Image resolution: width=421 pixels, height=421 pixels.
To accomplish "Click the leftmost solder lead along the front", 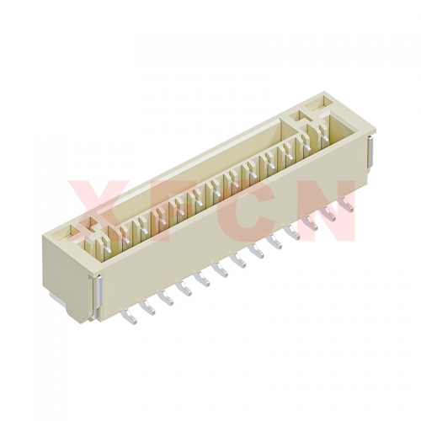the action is [x=130, y=317].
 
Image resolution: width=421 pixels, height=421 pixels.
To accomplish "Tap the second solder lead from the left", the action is [x=148, y=306].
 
